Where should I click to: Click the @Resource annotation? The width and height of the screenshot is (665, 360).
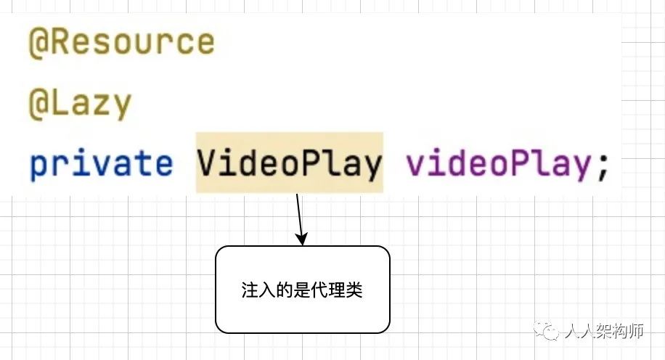coord(121,42)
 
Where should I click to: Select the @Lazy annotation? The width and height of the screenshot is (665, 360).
coord(80,104)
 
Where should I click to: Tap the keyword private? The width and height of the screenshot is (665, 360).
coord(101,165)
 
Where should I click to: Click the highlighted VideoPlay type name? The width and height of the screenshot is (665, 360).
coord(289,164)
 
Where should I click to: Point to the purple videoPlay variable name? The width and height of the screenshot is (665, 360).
coord(499,165)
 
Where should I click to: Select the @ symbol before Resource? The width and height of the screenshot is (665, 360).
coord(38,42)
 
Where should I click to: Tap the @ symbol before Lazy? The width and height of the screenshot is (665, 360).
coord(38,104)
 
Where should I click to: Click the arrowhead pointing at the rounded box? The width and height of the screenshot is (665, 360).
coord(302,239)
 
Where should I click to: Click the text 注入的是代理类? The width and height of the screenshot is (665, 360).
coord(302,291)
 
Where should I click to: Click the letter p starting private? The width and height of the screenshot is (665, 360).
coord(38,166)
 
